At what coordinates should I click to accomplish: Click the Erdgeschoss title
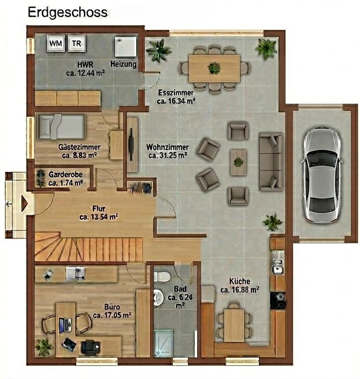pos(68,12)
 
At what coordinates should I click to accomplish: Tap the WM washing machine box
pos(56,43)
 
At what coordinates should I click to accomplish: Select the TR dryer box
pos(76,43)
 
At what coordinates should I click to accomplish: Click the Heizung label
pos(123,64)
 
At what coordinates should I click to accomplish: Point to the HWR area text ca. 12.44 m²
pos(85,73)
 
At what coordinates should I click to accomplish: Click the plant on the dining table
pos(214,68)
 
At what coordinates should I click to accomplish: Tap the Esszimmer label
pos(176,93)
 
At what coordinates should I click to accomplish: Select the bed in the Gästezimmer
pos(61,127)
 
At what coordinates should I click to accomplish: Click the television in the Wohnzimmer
pos(131,144)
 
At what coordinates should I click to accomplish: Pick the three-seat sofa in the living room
pos(271,161)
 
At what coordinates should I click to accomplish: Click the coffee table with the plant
pos(239,162)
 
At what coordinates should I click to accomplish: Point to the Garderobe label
pos(66,174)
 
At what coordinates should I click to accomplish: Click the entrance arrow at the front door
pos(24,203)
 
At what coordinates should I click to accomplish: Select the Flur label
pos(99,208)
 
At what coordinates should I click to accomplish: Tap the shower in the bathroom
pos(163,343)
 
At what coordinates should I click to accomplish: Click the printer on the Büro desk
pos(90,347)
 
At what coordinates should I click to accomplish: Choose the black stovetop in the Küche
pos(278,301)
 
